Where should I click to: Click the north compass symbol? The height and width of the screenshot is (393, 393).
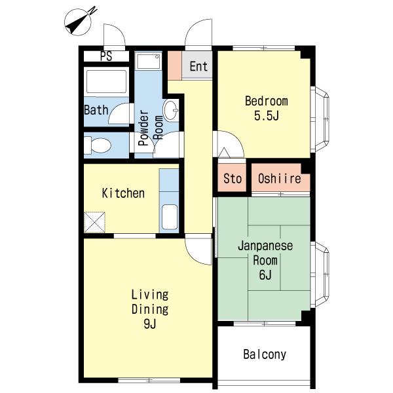tap(79, 22)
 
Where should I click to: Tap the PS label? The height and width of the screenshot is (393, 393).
tap(106, 56)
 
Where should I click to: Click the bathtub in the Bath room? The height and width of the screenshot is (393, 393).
tap(107, 81)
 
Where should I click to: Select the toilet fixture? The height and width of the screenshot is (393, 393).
tap(98, 145)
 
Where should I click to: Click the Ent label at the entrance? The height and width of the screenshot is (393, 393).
tap(198, 66)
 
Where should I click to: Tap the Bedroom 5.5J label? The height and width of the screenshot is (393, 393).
tap(267, 108)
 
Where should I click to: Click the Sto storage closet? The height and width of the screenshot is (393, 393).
tap(232, 178)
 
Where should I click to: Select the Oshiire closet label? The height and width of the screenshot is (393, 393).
tap(280, 178)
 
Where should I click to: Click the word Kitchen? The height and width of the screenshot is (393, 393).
tap(123, 193)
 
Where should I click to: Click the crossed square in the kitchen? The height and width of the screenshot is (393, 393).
tap(94, 222)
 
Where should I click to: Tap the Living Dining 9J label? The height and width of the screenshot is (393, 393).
tap(150, 309)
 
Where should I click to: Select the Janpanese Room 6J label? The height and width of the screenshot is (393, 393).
tap(265, 260)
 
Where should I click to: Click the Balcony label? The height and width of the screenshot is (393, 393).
tap(265, 354)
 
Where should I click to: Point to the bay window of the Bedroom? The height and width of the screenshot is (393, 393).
tap(320, 119)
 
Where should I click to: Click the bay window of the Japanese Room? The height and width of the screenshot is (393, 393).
tap(320, 274)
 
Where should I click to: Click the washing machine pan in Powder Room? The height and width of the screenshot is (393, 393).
tap(149, 62)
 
